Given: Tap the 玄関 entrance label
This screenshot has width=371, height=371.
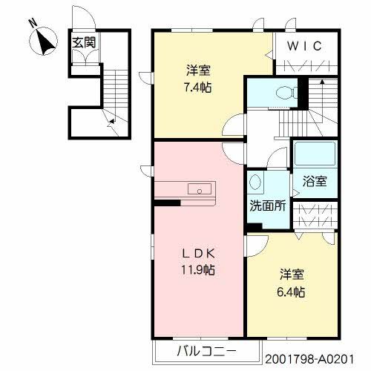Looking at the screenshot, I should [x=83, y=42].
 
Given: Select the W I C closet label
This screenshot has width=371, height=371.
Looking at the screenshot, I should [x=304, y=46].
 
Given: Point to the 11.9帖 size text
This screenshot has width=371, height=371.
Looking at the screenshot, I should [x=197, y=269].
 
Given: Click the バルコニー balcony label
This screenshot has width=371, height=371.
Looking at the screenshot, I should [x=206, y=349].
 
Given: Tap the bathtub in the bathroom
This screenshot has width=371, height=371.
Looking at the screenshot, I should [x=315, y=154].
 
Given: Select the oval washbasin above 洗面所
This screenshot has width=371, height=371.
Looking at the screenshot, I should [x=256, y=183].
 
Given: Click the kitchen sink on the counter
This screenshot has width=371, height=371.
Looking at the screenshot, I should [x=200, y=189].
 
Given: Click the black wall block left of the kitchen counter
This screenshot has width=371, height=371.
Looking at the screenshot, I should [x=167, y=202].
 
